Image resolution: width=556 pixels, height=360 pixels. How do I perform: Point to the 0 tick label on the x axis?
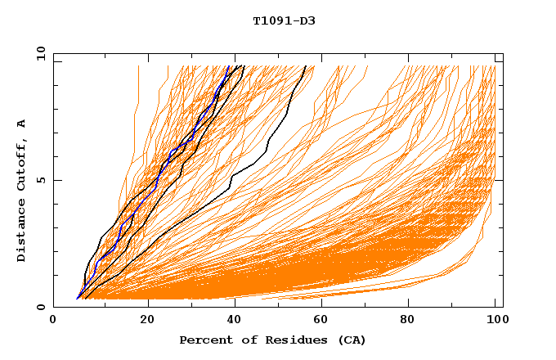(53, 321)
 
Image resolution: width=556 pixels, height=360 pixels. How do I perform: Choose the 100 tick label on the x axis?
(495, 321)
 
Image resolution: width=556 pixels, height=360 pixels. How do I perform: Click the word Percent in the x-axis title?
(204, 340)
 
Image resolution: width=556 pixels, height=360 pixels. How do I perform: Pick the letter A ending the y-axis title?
(21, 124)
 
